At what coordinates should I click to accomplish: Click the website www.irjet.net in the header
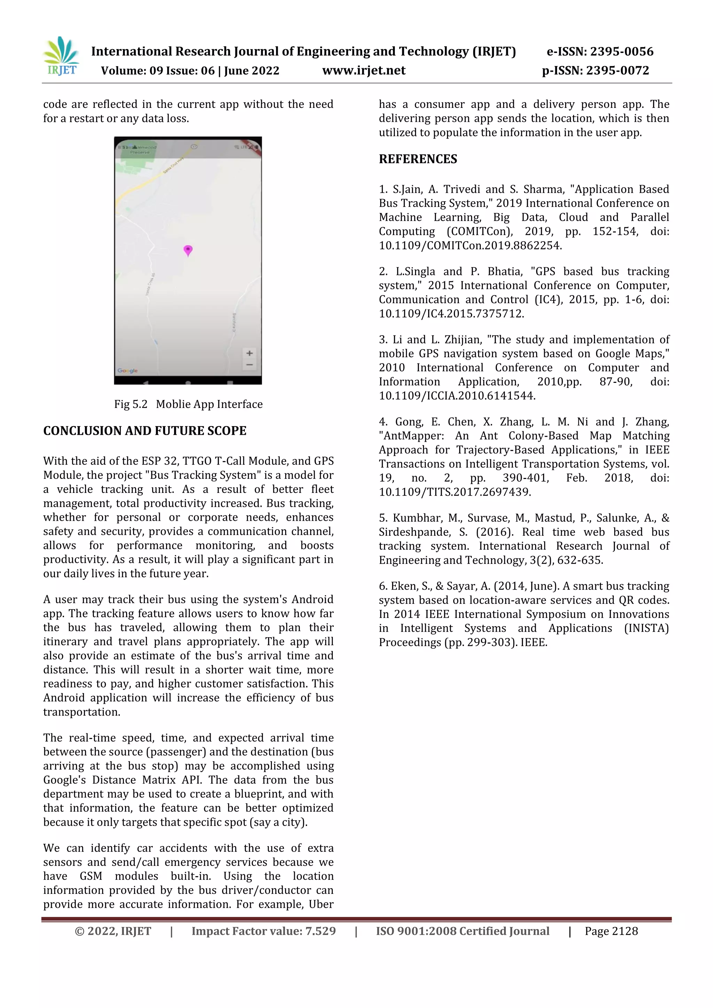[x=363, y=71]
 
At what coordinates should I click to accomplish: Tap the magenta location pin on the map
[x=188, y=250]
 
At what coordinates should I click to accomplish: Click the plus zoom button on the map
[x=249, y=353]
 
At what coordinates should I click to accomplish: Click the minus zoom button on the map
[x=249, y=365]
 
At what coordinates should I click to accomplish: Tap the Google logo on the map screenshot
[x=127, y=371]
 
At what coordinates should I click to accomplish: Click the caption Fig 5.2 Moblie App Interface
[x=188, y=404]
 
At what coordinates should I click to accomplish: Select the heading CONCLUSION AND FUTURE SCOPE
[x=144, y=431]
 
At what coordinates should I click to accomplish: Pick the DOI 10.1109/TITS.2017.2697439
[x=454, y=492]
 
